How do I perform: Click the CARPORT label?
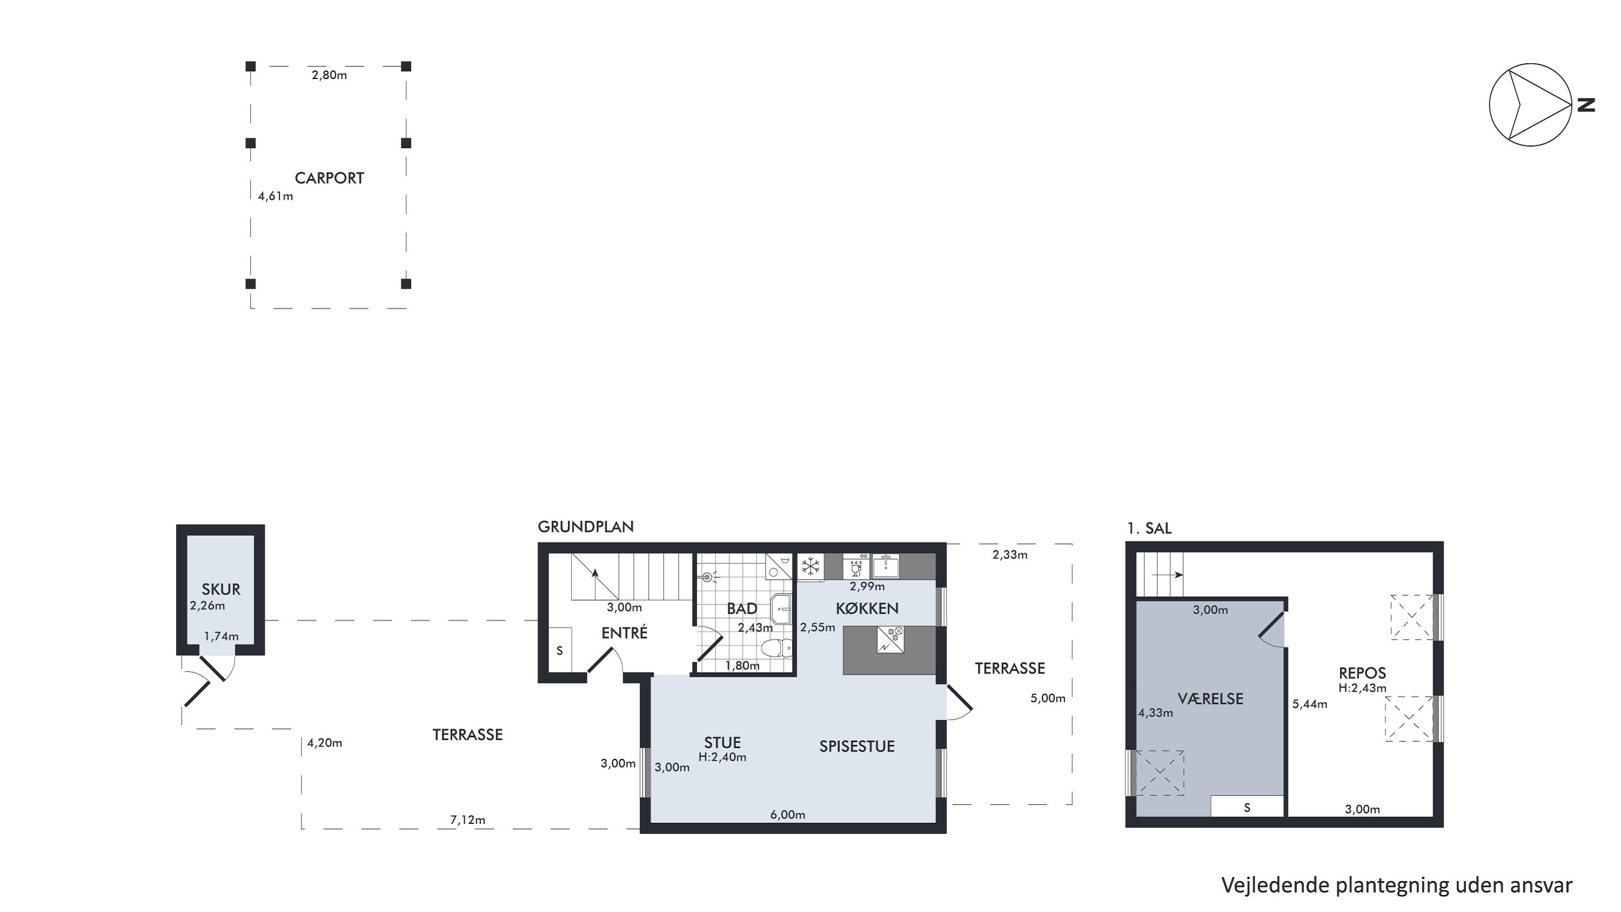[329, 178]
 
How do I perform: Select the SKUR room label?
[221, 590]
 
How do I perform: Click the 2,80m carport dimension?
[329, 75]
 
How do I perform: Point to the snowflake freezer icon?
[810, 566]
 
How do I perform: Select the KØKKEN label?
[867, 609]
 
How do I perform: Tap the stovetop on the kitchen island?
[890, 640]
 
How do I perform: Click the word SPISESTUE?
[856, 747]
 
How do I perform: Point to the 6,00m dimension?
[788, 815]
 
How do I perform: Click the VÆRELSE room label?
[1210, 698]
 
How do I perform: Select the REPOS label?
[1362, 673]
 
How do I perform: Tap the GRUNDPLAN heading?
[586, 527]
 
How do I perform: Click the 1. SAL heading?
[1149, 529]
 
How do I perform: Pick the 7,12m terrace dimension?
[467, 820]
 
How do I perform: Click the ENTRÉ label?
[624, 633]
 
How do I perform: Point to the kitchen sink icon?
[886, 566]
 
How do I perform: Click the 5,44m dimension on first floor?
[1310, 704]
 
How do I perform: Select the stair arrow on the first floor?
[1167, 575]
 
